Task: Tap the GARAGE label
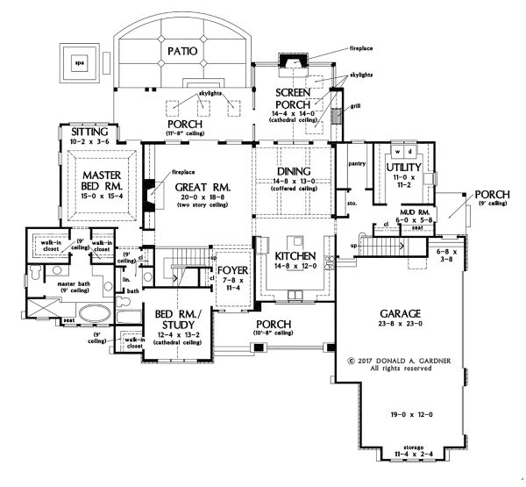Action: coord(402,313)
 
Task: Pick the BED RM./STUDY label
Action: coord(175,319)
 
